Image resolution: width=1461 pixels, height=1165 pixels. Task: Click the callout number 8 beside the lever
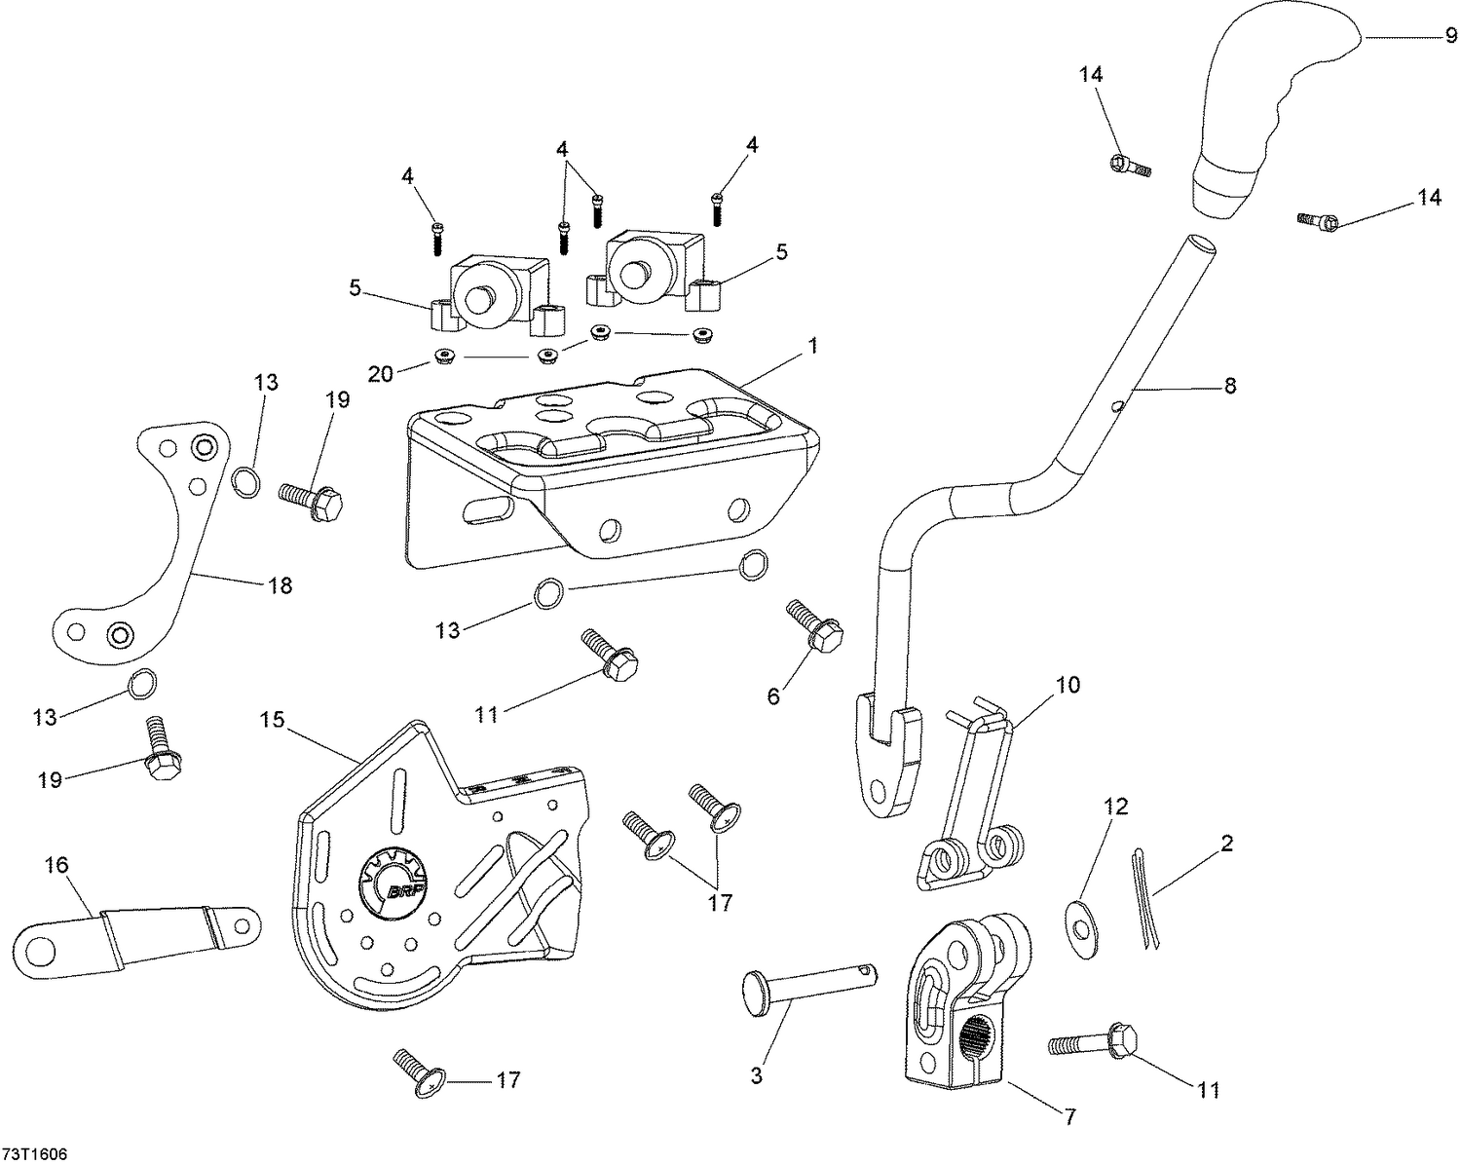[1230, 387]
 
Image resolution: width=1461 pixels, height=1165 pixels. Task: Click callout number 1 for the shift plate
[812, 346]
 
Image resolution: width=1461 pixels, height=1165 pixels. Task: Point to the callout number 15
[272, 720]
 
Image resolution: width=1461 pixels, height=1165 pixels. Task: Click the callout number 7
[1069, 1117]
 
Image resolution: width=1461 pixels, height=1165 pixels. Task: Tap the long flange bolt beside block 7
[1091, 1042]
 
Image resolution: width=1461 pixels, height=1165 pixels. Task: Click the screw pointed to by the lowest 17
[417, 1069]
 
